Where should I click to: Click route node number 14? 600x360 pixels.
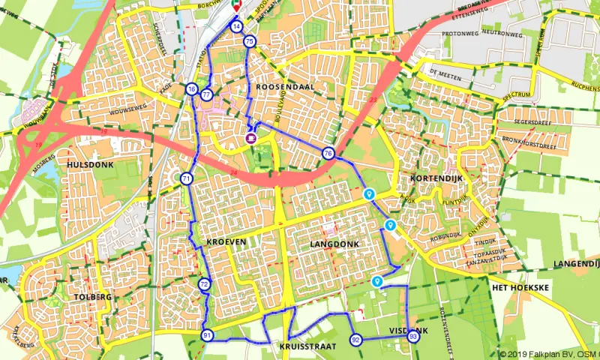236,26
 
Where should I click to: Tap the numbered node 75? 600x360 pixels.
249,41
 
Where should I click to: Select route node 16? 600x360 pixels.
192,90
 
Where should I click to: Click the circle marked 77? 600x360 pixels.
206,94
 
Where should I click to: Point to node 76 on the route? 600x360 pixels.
328,154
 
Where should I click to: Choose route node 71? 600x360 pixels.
186,178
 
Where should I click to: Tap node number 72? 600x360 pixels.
204,284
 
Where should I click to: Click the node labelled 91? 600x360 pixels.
207,335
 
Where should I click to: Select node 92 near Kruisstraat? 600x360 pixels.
355,340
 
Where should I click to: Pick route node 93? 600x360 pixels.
413,337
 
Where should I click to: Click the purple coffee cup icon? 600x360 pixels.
251,137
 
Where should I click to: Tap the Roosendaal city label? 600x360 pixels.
284,87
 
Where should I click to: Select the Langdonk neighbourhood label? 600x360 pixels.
334,244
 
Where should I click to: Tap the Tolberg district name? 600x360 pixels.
93,297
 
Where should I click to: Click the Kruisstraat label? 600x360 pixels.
307,347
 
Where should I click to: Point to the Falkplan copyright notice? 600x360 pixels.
548,354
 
